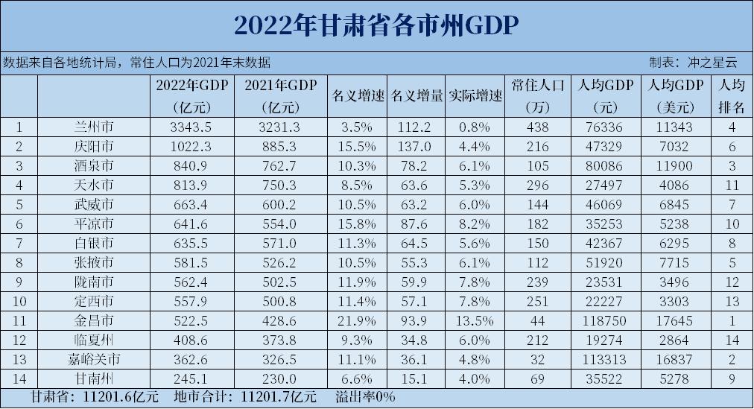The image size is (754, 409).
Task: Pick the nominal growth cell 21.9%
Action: [x=357, y=320]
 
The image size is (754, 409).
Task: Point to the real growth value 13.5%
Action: [x=475, y=320]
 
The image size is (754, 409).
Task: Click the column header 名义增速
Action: [x=357, y=95]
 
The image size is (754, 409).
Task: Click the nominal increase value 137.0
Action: [x=416, y=147]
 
